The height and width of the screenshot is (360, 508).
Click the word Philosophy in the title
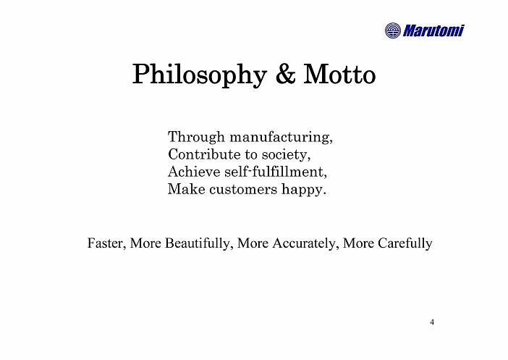coord(200,75)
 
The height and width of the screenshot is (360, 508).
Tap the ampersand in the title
coord(285,75)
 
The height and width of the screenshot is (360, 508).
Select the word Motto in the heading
coord(339,75)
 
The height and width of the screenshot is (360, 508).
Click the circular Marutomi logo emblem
coord(393,30)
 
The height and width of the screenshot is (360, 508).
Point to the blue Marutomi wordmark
coord(433,30)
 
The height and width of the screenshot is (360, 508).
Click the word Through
coord(196,137)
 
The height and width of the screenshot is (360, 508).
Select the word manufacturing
coord(281,137)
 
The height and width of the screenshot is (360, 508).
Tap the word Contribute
coord(204,154)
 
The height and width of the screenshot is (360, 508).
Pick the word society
coord(286,155)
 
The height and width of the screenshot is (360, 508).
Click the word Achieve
coord(194,172)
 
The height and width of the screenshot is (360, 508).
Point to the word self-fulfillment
coord(276,172)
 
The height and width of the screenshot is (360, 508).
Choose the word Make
coord(186,189)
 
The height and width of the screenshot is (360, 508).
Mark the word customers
coord(243,189)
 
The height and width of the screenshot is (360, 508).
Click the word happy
coord(303,190)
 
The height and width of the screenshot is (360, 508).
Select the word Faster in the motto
coord(106,243)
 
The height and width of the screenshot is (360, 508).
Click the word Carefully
coord(405,243)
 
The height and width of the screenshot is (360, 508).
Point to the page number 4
coord(432,322)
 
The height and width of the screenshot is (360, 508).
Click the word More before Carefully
coord(358,243)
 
